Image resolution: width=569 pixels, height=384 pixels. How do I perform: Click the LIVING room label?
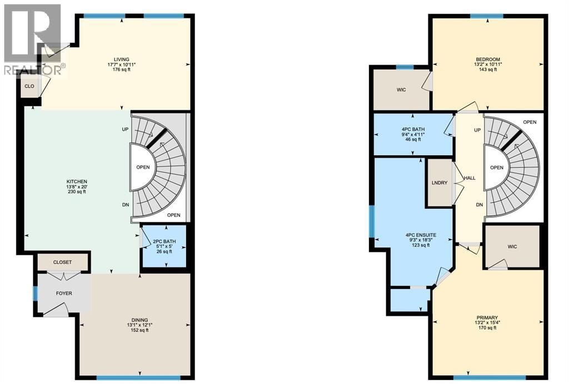click(x=121, y=59)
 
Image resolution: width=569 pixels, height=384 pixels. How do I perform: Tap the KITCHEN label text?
click(x=77, y=181)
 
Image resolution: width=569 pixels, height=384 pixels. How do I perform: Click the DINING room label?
click(x=139, y=320)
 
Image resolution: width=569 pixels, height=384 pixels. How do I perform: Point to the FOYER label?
click(x=64, y=294)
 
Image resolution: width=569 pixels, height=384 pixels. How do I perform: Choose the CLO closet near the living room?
click(x=29, y=86)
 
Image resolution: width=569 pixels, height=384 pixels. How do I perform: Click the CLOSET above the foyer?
click(x=62, y=262)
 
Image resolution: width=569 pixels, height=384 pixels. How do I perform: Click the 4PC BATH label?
click(x=413, y=129)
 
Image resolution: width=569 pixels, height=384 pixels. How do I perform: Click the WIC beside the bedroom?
click(x=401, y=89)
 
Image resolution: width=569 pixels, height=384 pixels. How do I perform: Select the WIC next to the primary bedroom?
click(x=512, y=247)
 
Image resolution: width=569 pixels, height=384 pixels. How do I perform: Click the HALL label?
click(x=470, y=178)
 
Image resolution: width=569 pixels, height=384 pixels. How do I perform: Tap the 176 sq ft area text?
click(x=121, y=69)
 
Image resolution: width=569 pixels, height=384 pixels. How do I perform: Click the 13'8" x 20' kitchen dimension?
click(x=77, y=186)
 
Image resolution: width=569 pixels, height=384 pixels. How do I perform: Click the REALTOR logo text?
click(x=33, y=70)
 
